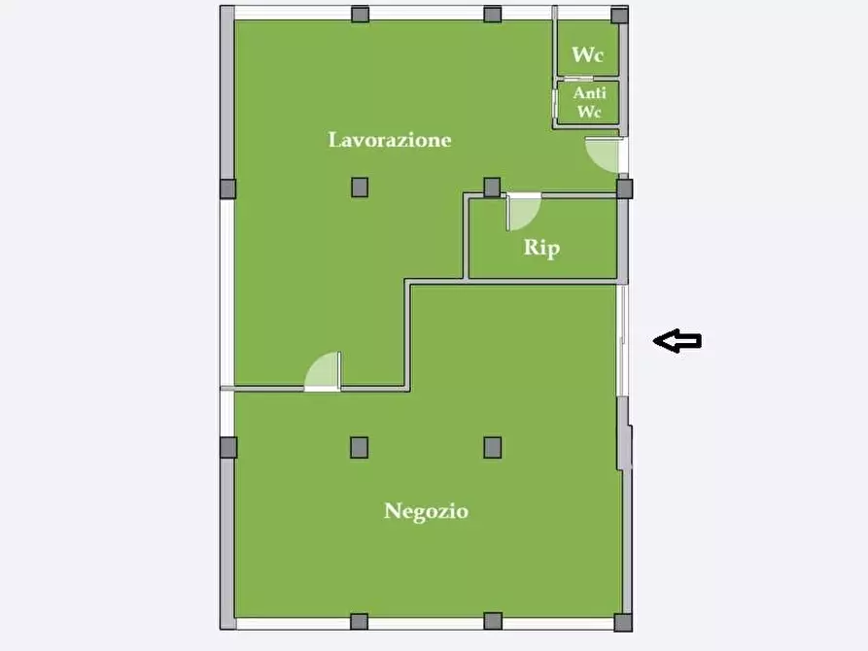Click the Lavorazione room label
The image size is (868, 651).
click(390, 140)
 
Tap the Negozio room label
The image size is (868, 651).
click(427, 511)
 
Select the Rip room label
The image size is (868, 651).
click(542, 248)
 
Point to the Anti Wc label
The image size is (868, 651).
click(589, 102)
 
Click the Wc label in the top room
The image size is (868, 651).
click(587, 54)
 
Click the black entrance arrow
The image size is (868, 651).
click(677, 340)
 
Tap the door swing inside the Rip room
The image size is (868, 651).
click(523, 212)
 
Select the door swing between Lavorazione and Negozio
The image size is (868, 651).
click(323, 371)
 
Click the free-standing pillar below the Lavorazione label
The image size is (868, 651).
click(360, 188)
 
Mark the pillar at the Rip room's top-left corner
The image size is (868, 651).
click(492, 188)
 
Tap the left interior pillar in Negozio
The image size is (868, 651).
click(360, 447)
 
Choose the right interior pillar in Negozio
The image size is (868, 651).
click(493, 447)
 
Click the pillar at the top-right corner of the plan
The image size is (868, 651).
click(620, 15)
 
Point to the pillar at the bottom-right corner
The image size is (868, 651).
click(623, 622)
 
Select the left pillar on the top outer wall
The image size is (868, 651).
click(361, 14)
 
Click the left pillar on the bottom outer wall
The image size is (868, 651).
click(360, 622)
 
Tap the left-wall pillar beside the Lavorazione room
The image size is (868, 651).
click(228, 188)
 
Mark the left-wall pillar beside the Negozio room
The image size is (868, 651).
click(228, 447)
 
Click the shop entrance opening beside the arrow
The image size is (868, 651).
click(623, 340)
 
